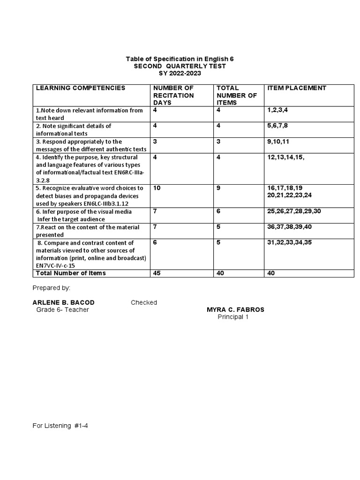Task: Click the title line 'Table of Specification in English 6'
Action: click(x=180, y=59)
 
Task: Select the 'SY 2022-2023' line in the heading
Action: click(x=180, y=74)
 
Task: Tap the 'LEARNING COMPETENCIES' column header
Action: click(x=81, y=88)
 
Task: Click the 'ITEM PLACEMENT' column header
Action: click(x=297, y=88)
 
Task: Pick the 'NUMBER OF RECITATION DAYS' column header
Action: click(x=173, y=95)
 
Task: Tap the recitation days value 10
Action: click(x=157, y=188)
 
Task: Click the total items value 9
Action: click(x=218, y=188)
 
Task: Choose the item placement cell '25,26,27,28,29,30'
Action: click(x=294, y=211)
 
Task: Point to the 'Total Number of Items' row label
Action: click(x=71, y=273)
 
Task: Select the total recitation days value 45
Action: click(x=157, y=273)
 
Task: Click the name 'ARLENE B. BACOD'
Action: click(x=64, y=302)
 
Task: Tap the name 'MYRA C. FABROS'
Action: click(x=235, y=310)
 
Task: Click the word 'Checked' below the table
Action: click(x=144, y=302)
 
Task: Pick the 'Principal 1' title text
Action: click(x=233, y=317)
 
